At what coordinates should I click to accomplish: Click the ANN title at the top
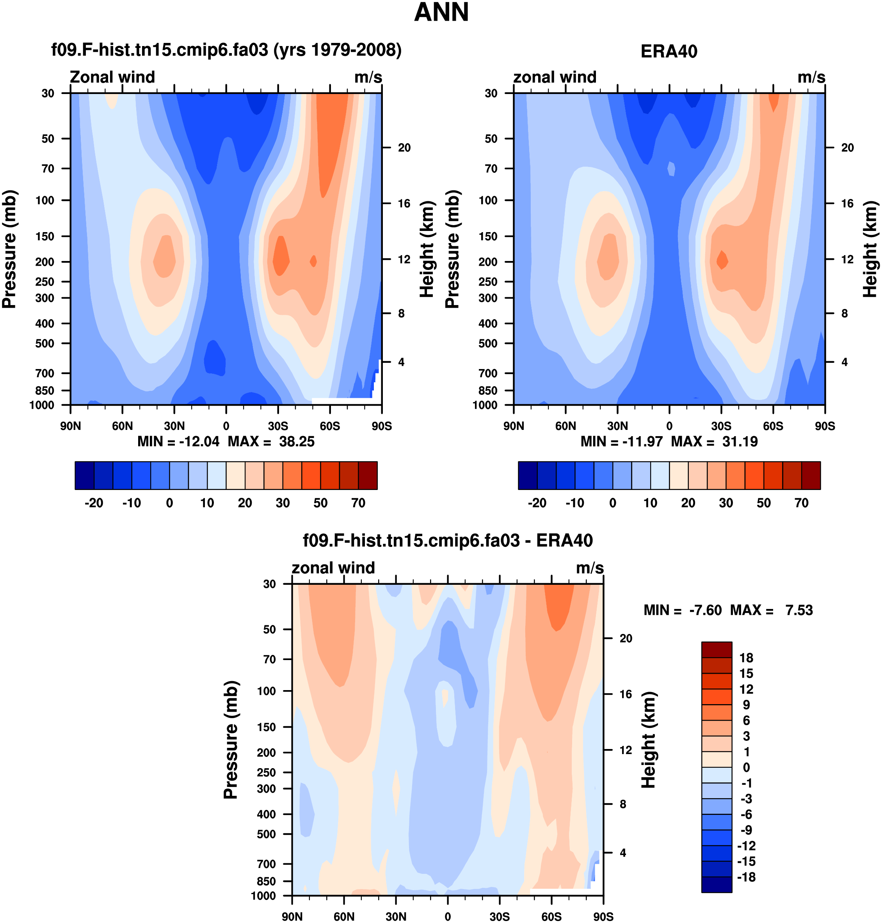[x=441, y=13]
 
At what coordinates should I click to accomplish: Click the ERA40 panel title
[x=669, y=51]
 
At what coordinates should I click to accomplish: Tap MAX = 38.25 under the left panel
[x=271, y=441]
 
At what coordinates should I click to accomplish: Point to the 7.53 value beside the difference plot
[x=799, y=610]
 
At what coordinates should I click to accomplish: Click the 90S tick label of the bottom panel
[x=603, y=916]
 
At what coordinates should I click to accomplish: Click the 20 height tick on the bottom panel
[x=626, y=638]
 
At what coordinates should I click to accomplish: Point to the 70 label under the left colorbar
[x=358, y=503]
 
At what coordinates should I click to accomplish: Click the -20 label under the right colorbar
[x=537, y=503]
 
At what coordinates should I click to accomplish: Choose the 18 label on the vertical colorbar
[x=746, y=658]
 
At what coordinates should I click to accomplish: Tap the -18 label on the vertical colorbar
[x=746, y=877]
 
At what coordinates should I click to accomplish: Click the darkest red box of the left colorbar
[x=368, y=476]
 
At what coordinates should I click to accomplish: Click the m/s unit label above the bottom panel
[x=590, y=568]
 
